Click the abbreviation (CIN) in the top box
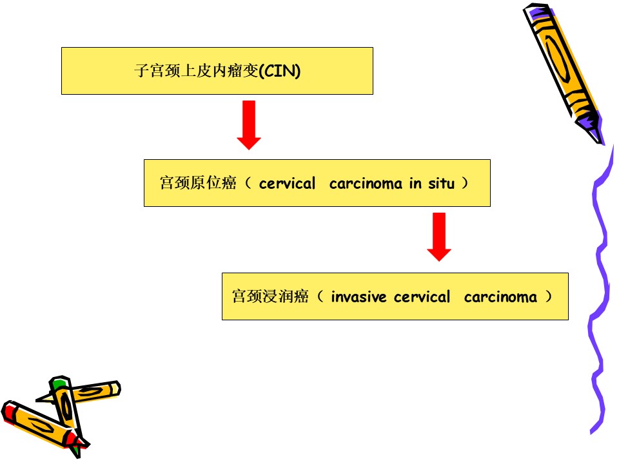click(280, 71)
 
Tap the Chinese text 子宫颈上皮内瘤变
click(197, 71)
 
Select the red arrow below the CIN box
click(249, 125)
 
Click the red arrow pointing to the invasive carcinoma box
click(439, 237)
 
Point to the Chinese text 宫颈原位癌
click(198, 183)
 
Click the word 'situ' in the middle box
click(441, 184)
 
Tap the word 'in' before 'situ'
click(415, 184)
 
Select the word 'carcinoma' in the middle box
click(366, 184)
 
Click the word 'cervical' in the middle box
click(287, 184)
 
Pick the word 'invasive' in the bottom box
click(359, 297)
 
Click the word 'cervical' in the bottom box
click(422, 296)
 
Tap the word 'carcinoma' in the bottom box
click(500, 297)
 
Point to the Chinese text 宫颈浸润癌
click(270, 296)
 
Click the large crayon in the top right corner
click(564, 73)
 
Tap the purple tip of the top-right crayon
click(592, 128)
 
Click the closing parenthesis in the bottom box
click(548, 296)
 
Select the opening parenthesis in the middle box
click(248, 183)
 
